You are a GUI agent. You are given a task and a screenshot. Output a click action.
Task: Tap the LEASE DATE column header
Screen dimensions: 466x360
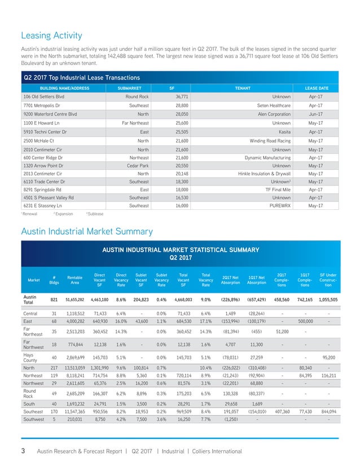(x=317, y=88)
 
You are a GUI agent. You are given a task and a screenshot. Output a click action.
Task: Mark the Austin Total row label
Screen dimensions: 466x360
(x=31, y=300)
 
